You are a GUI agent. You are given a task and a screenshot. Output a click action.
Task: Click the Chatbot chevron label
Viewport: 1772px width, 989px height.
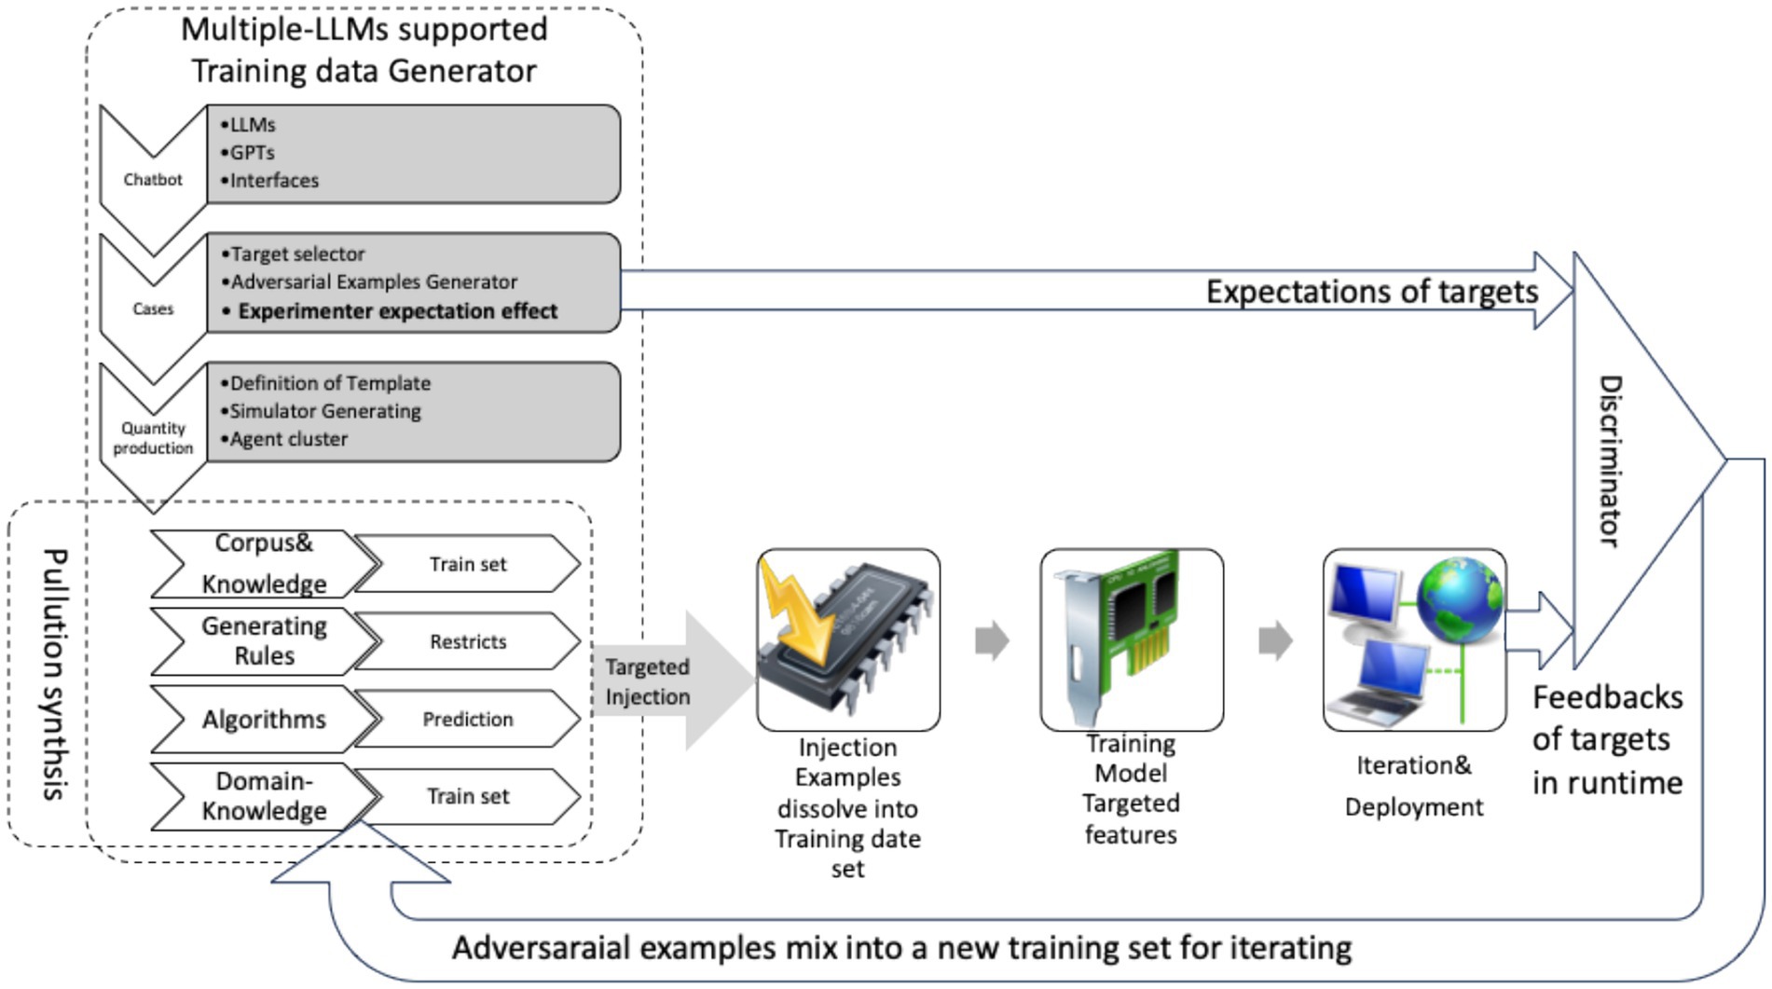click(x=153, y=179)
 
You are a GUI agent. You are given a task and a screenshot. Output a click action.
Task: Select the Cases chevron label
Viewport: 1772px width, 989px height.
click(x=153, y=309)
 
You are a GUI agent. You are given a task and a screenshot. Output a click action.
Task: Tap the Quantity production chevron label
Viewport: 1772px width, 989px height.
click(x=153, y=438)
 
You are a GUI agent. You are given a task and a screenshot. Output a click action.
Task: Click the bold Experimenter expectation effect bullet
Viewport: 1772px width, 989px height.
click(x=397, y=311)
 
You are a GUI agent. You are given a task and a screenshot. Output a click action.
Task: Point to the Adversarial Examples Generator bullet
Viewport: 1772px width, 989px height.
click(x=373, y=282)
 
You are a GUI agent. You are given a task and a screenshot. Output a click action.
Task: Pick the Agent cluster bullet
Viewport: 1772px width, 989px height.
click(x=288, y=439)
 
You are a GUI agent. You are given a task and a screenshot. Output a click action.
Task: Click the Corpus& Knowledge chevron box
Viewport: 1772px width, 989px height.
click(x=264, y=563)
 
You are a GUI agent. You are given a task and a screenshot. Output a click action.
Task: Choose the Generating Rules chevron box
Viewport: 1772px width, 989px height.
click(x=264, y=641)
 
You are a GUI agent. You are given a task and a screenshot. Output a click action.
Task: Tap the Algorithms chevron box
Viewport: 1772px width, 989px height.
click(x=264, y=719)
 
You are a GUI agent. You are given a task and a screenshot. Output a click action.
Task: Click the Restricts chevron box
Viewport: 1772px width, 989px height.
click(x=468, y=641)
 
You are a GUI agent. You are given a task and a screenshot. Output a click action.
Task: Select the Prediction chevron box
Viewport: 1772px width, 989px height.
click(x=468, y=719)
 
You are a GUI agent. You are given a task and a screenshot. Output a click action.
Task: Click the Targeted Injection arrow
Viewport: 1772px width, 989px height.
click(x=662, y=681)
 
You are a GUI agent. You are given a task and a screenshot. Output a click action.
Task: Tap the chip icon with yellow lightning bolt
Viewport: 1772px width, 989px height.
click(x=847, y=639)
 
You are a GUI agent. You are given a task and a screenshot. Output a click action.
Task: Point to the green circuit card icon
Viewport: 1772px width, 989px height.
click(x=1131, y=639)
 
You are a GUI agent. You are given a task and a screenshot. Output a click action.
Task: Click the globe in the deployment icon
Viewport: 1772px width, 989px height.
click(x=1459, y=596)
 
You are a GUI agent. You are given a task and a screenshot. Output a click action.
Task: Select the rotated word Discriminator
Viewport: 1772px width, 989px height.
click(x=1611, y=460)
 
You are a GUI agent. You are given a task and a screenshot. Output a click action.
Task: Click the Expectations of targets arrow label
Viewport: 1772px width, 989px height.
click(x=1371, y=292)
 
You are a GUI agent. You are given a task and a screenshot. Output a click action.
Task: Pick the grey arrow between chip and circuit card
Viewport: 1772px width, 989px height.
click(x=992, y=640)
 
